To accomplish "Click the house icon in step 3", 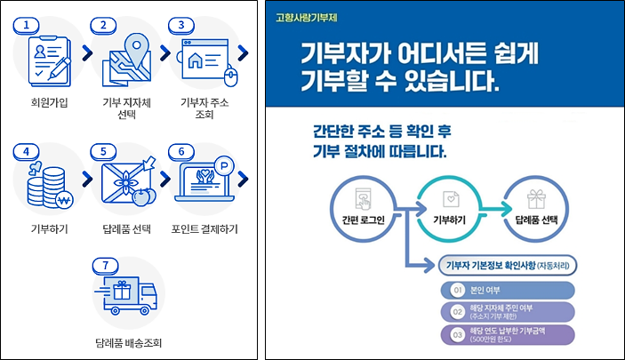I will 196,62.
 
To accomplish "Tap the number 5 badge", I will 104,151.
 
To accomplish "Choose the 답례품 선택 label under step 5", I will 127,229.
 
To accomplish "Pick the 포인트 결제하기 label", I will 204,229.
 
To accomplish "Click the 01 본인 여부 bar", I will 507,289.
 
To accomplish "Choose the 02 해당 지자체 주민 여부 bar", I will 507,312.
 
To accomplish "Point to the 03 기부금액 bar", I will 507,335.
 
